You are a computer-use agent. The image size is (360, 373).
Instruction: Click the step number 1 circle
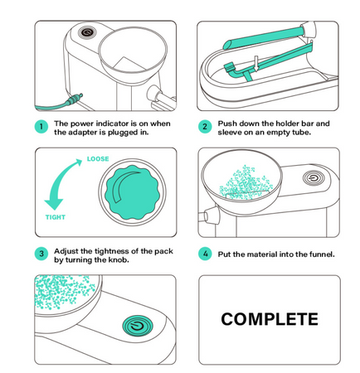41,127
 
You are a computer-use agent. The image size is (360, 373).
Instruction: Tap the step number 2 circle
205,127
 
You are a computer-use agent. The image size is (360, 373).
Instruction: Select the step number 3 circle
41,254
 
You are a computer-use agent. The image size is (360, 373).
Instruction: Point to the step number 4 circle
205,254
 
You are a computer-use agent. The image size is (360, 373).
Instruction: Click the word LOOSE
98,159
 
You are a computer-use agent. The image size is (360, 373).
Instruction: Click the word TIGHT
56,217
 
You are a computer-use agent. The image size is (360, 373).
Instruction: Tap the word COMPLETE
270,319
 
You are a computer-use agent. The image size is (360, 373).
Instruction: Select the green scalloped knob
133,192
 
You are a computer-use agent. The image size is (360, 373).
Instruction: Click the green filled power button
138,326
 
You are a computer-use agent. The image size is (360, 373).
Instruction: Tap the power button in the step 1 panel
87,32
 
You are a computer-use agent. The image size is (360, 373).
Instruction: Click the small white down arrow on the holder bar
256,63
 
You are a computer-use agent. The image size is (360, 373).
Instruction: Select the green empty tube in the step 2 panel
263,38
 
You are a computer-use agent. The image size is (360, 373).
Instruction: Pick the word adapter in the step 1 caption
83,133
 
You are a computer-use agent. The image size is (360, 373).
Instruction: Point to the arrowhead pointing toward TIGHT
54,204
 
